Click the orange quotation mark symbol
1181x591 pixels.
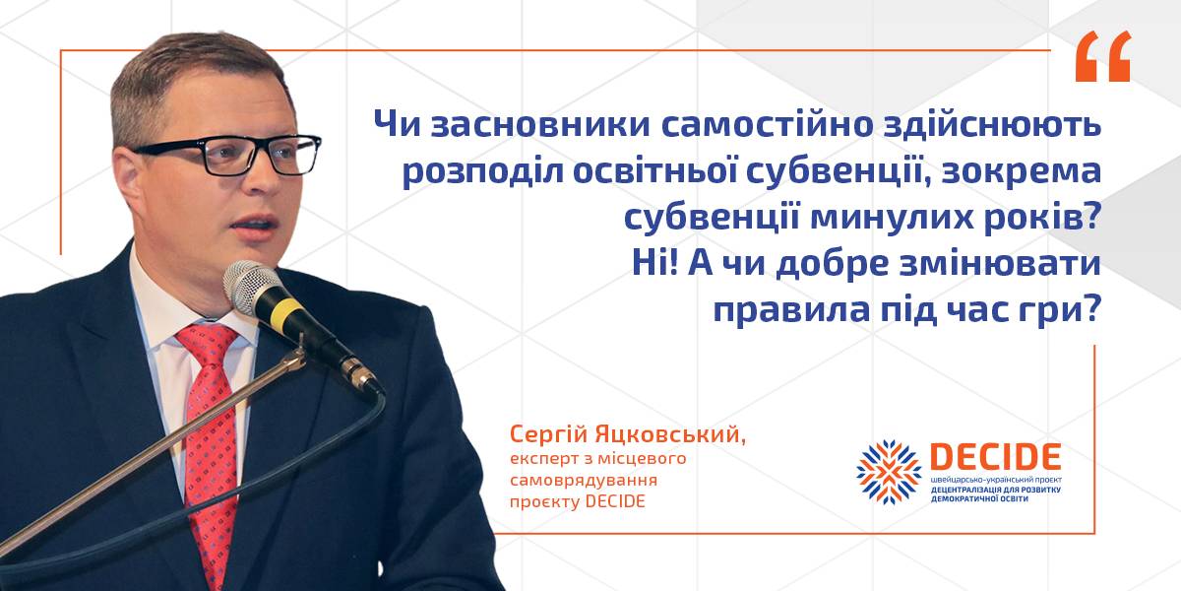click(x=1103, y=56)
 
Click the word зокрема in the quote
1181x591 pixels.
click(x=1022, y=172)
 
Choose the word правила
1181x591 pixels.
click(x=791, y=311)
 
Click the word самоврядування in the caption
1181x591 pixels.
click(x=584, y=481)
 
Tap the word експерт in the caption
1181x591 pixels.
click(x=542, y=459)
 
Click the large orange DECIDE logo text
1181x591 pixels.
click(x=995, y=456)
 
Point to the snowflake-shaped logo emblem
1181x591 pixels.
click(x=890, y=472)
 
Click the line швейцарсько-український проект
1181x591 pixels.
click(x=996, y=481)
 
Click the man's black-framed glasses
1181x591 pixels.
click(x=226, y=156)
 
